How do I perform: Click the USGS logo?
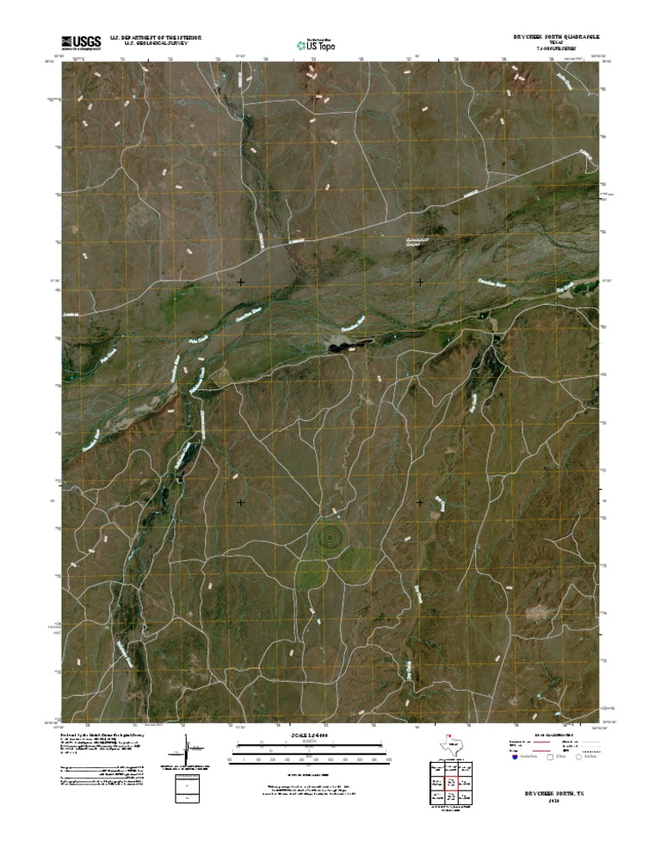[x=81, y=41]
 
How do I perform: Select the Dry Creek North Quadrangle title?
[x=552, y=38]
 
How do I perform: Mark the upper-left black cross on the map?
[x=240, y=282]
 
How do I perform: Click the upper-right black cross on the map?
[x=420, y=282]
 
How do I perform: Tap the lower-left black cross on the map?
[x=240, y=502]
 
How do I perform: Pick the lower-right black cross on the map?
[x=420, y=502]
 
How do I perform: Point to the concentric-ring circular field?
[x=327, y=537]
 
